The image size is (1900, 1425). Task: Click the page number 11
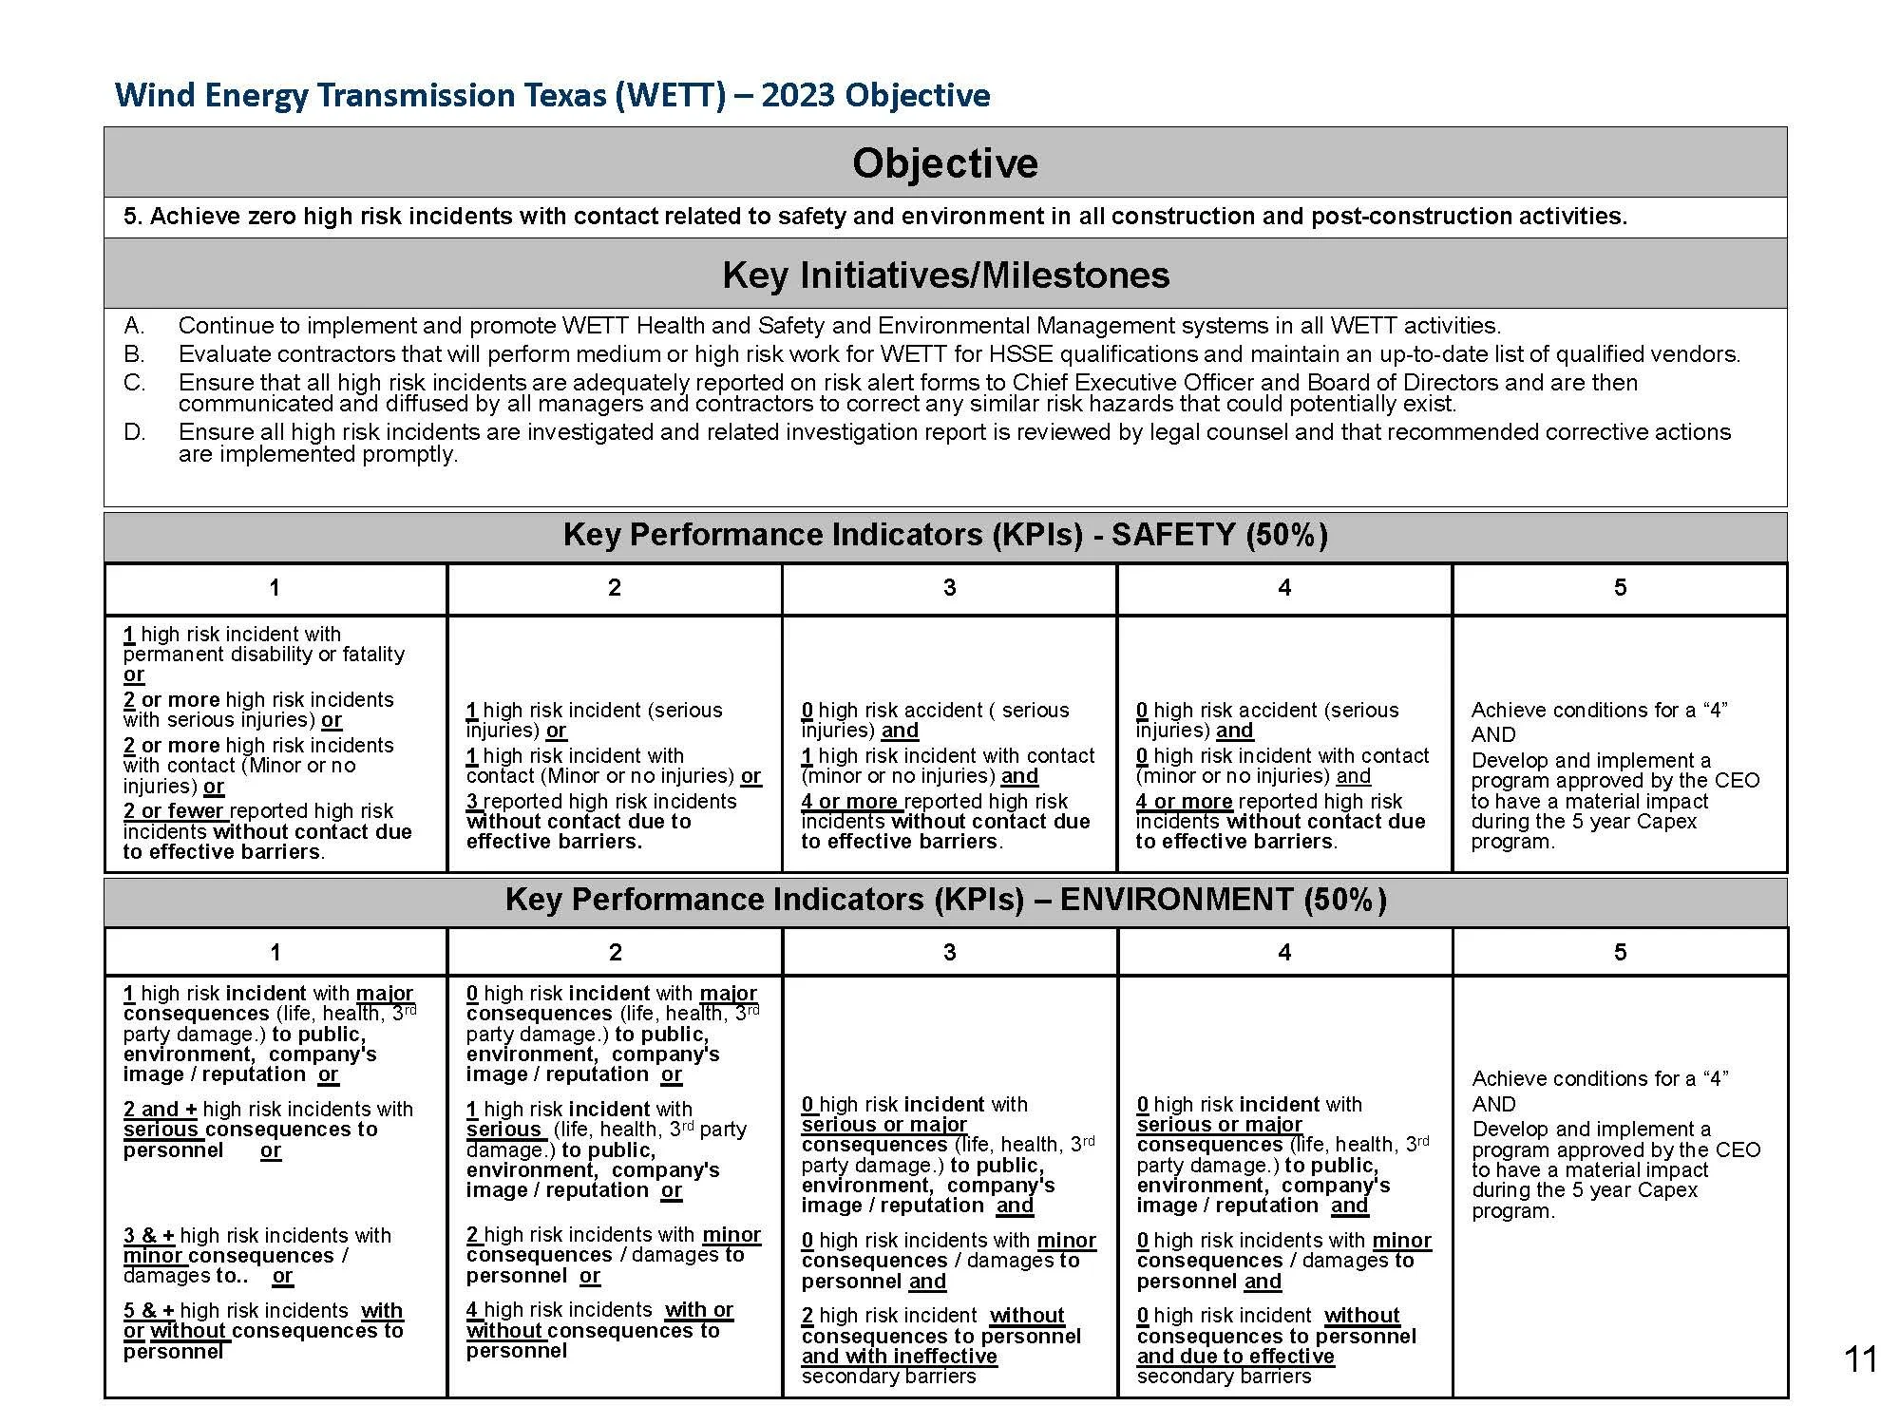pos(1859,1359)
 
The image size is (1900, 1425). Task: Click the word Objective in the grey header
pos(944,163)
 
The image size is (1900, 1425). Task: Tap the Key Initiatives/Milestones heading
pos(945,275)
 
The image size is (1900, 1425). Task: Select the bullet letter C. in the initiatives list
pos(134,383)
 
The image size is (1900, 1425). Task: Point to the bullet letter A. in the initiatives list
pos(134,326)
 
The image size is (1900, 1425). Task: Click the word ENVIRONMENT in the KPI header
pos(1176,900)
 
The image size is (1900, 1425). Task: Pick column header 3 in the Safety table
pos(949,588)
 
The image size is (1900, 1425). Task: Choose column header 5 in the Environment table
pos(1620,952)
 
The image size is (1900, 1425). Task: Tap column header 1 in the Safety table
pos(275,588)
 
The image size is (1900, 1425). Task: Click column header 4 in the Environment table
pos(1284,952)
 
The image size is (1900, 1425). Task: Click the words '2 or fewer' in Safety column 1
pos(174,811)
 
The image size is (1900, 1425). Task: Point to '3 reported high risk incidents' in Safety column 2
pos(600,802)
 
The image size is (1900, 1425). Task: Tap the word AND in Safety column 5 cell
pos(1492,734)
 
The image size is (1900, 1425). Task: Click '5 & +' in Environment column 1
pos(148,1311)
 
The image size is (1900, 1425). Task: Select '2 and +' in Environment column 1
pos(160,1110)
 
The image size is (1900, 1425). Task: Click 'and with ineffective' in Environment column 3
pos(899,1357)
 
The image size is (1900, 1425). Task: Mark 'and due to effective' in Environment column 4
pos(1234,1357)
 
